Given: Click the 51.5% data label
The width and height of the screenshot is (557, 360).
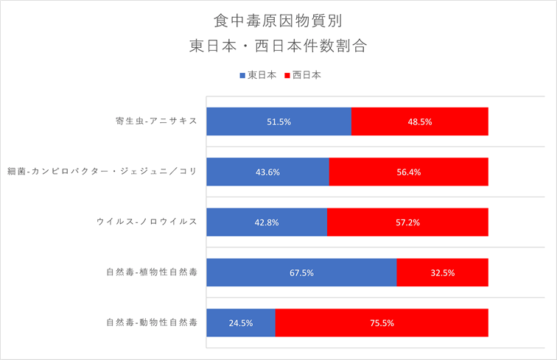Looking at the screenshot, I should (278, 121).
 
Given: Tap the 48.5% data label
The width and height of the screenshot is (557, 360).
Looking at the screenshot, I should (419, 121).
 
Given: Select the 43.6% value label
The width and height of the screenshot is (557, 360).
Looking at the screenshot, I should (267, 172).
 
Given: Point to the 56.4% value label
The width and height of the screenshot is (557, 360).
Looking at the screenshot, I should (408, 172).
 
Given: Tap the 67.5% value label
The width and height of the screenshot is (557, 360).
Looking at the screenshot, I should (301, 272).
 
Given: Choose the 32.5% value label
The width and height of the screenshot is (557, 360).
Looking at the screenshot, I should (442, 272).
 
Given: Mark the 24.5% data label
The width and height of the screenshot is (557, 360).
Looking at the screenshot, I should (240, 322).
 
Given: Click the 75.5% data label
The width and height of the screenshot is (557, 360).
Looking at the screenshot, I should (382, 322).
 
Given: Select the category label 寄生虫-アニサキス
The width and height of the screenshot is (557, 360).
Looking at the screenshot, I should (151, 121).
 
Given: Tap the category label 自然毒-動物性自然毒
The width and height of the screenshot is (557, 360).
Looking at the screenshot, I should (151, 322).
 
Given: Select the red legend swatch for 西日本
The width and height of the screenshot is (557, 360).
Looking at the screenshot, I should (287, 75).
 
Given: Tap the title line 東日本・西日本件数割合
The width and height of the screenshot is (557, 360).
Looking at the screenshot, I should (278, 46).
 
